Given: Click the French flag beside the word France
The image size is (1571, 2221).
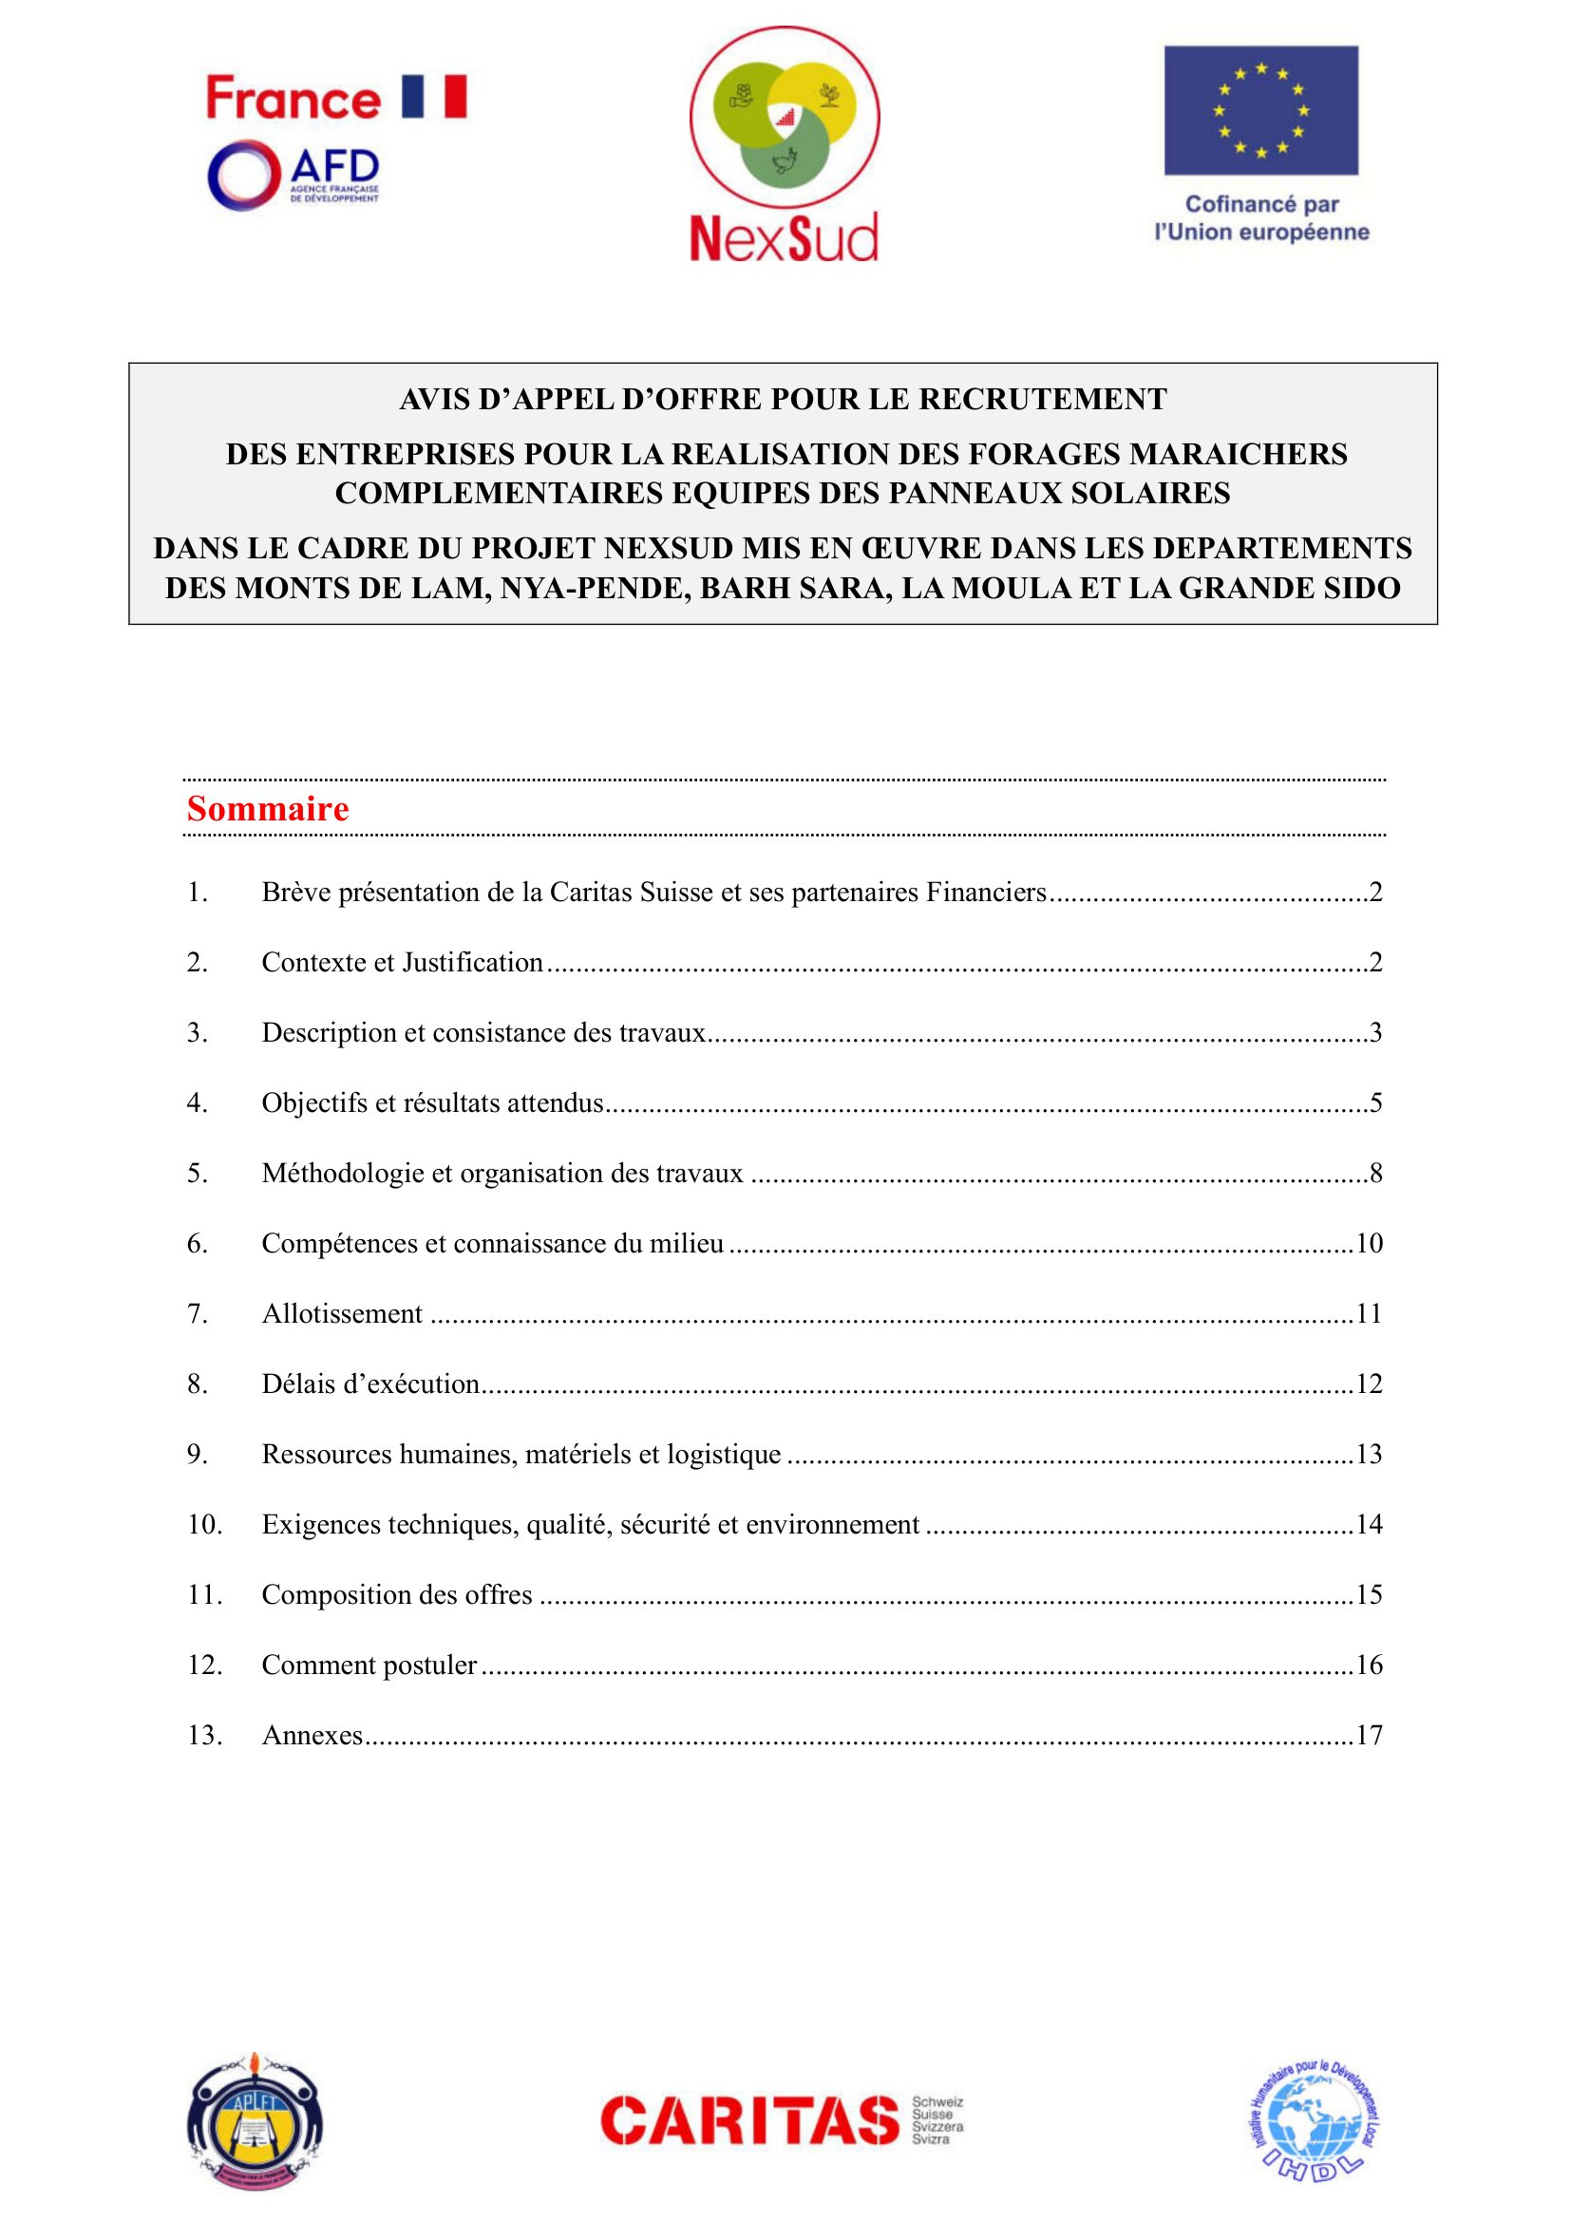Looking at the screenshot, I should tap(434, 97).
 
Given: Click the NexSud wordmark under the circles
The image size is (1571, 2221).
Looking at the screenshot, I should tap(784, 238).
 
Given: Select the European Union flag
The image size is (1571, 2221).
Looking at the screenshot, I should tap(1260, 110).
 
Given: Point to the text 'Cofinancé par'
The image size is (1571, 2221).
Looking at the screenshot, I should tap(1261, 204).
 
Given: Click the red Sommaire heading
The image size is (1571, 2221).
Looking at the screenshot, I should tap(268, 809).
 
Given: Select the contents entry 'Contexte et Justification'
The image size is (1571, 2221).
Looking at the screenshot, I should tap(403, 963).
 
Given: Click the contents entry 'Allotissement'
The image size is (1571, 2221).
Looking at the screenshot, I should tap(342, 1313).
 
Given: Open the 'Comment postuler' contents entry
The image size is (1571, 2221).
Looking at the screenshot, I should tap(369, 1665).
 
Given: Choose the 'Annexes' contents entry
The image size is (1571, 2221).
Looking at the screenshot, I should tap(312, 1736).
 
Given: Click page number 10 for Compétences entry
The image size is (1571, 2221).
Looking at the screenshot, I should tap(1369, 1243).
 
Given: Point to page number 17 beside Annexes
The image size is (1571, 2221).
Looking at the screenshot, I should tap(1369, 1736).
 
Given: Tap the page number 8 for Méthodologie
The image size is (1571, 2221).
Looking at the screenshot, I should tap(1375, 1174).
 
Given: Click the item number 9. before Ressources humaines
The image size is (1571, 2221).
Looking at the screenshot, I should tap(197, 1454).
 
